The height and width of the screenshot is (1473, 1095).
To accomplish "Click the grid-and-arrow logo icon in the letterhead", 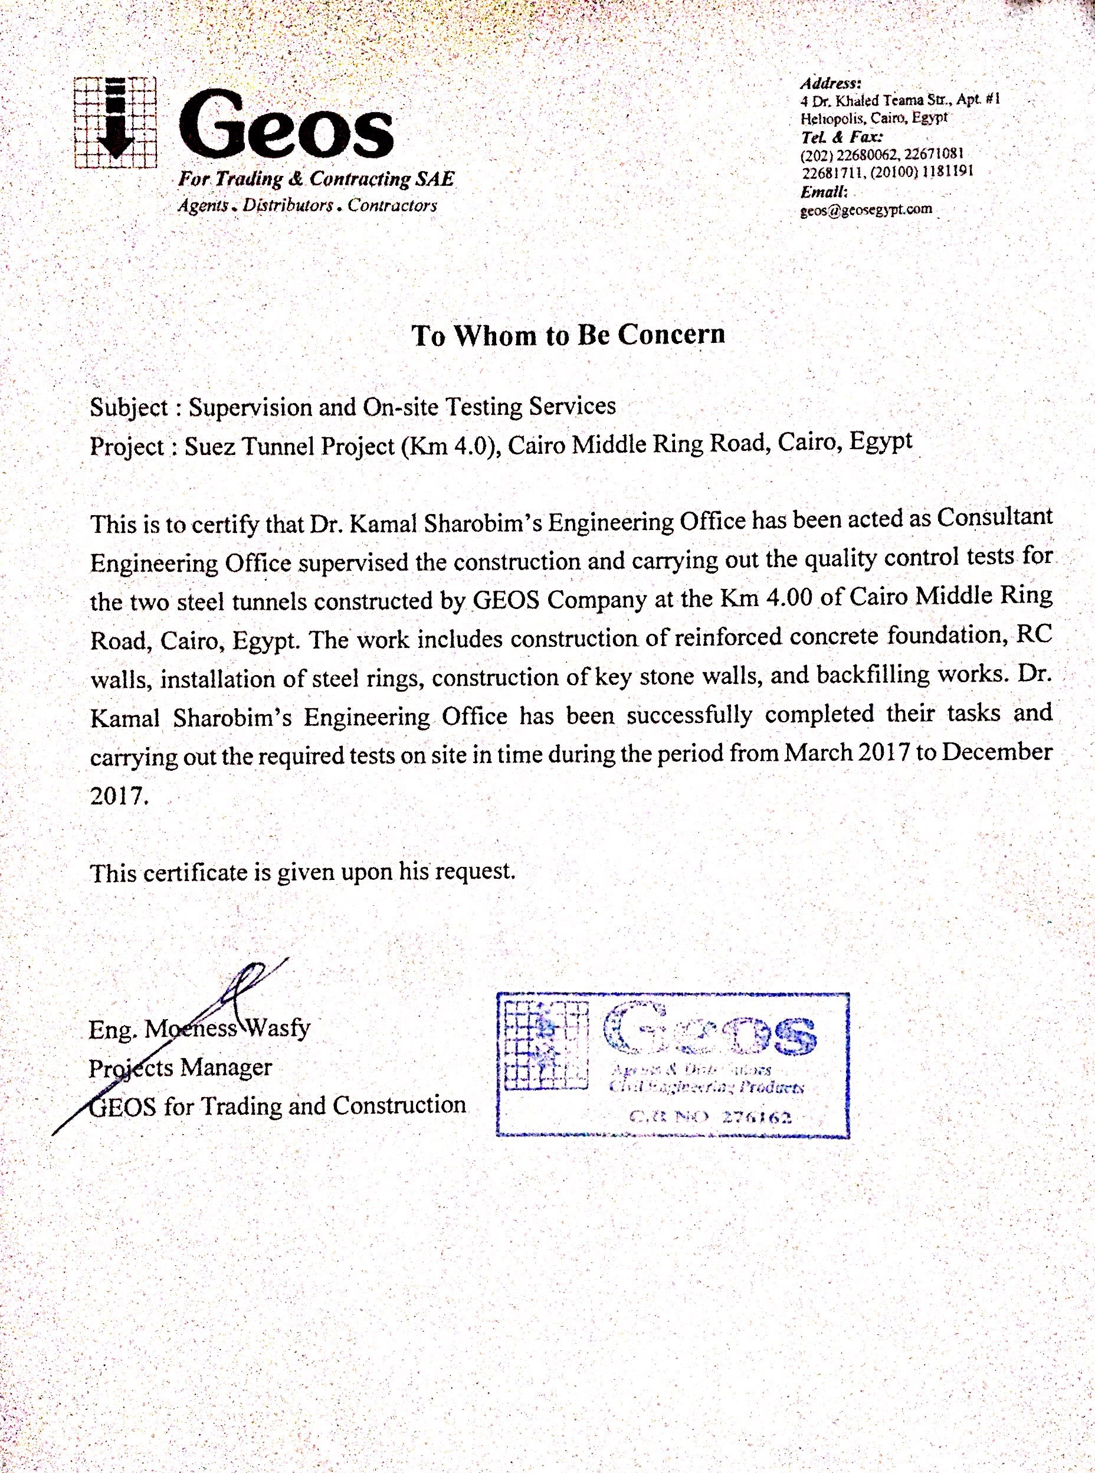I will point(115,122).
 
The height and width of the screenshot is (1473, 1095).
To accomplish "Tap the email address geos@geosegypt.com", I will point(866,210).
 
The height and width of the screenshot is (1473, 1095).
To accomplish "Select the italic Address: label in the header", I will point(831,84).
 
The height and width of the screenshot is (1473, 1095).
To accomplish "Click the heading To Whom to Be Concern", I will point(568,335).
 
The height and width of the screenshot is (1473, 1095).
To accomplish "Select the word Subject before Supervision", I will point(129,407).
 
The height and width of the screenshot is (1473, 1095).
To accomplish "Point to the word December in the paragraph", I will point(1001,752).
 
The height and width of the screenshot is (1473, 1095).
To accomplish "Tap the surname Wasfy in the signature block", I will point(280,1027).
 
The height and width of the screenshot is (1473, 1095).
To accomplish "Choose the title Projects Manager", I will point(181,1066).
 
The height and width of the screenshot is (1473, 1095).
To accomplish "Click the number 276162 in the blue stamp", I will point(756,1118).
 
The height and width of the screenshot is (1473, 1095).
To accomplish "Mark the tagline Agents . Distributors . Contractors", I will point(307,205).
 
